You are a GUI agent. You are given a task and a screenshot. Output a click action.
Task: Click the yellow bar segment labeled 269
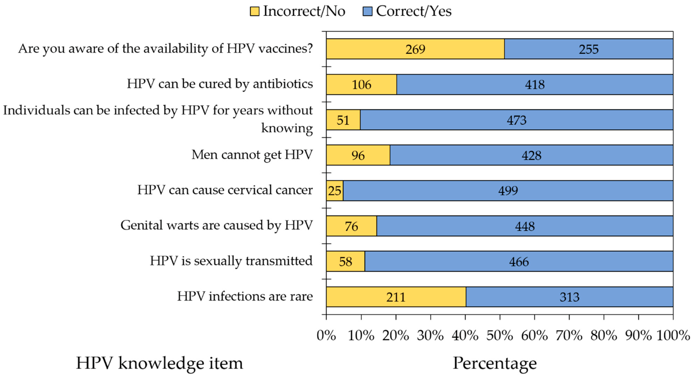tap(415, 49)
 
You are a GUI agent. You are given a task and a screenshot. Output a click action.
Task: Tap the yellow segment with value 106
tap(361, 84)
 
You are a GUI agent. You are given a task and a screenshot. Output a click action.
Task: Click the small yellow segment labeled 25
tap(335, 191)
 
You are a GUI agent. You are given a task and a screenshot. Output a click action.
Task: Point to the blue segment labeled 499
tap(508, 191)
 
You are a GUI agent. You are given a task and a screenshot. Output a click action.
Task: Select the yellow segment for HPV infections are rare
tap(396, 297)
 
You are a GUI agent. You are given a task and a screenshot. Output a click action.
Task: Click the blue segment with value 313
tap(570, 297)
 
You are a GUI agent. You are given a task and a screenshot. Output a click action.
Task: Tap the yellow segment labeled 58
tap(345, 261)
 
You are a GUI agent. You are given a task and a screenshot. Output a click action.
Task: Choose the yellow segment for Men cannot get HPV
tap(358, 155)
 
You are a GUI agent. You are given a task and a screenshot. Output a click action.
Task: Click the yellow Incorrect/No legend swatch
tap(254, 11)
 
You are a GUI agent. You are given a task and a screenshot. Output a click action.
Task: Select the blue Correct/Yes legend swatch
tap(367, 11)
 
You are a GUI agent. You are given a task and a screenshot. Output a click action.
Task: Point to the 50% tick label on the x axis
tap(500, 335)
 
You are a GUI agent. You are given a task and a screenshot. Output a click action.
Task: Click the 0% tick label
tap(326, 335)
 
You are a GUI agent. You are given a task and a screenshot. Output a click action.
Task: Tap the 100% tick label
tap(673, 335)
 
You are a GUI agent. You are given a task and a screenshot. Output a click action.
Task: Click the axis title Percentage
tap(495, 363)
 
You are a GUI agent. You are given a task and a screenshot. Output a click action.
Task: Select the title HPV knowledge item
tap(160, 363)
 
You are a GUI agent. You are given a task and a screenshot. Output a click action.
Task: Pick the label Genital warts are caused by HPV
tap(217, 225)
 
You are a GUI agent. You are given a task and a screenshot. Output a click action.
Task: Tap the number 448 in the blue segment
tap(525, 226)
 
